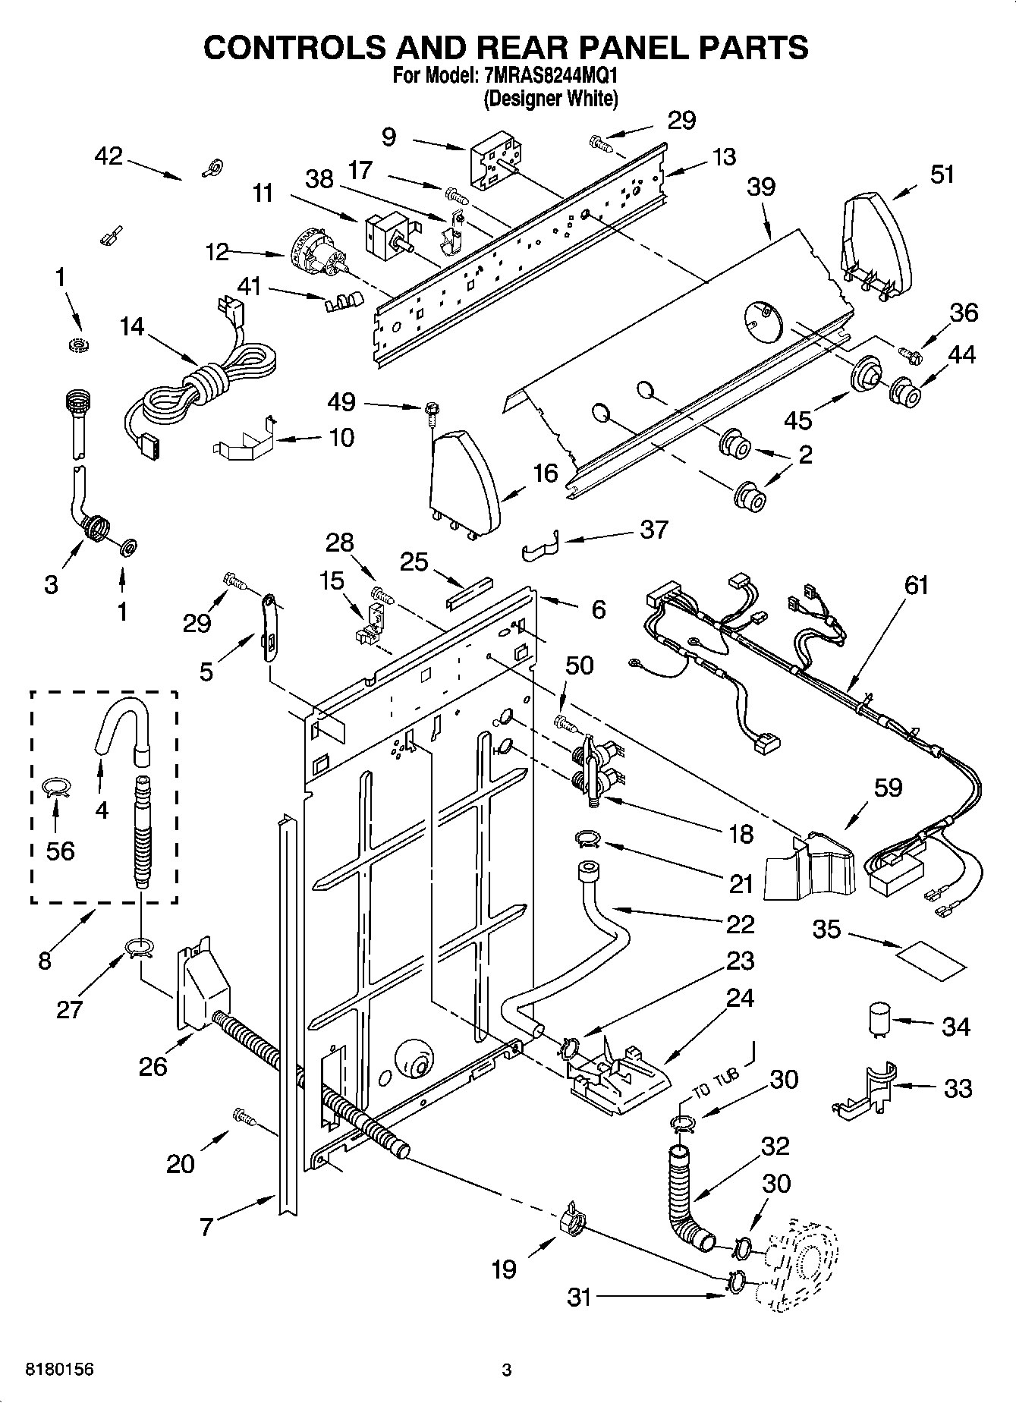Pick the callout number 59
pyautogui.click(x=888, y=788)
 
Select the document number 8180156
pyautogui.click(x=60, y=1370)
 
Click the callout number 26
pyautogui.click(x=153, y=1066)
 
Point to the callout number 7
pyautogui.click(x=206, y=1228)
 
